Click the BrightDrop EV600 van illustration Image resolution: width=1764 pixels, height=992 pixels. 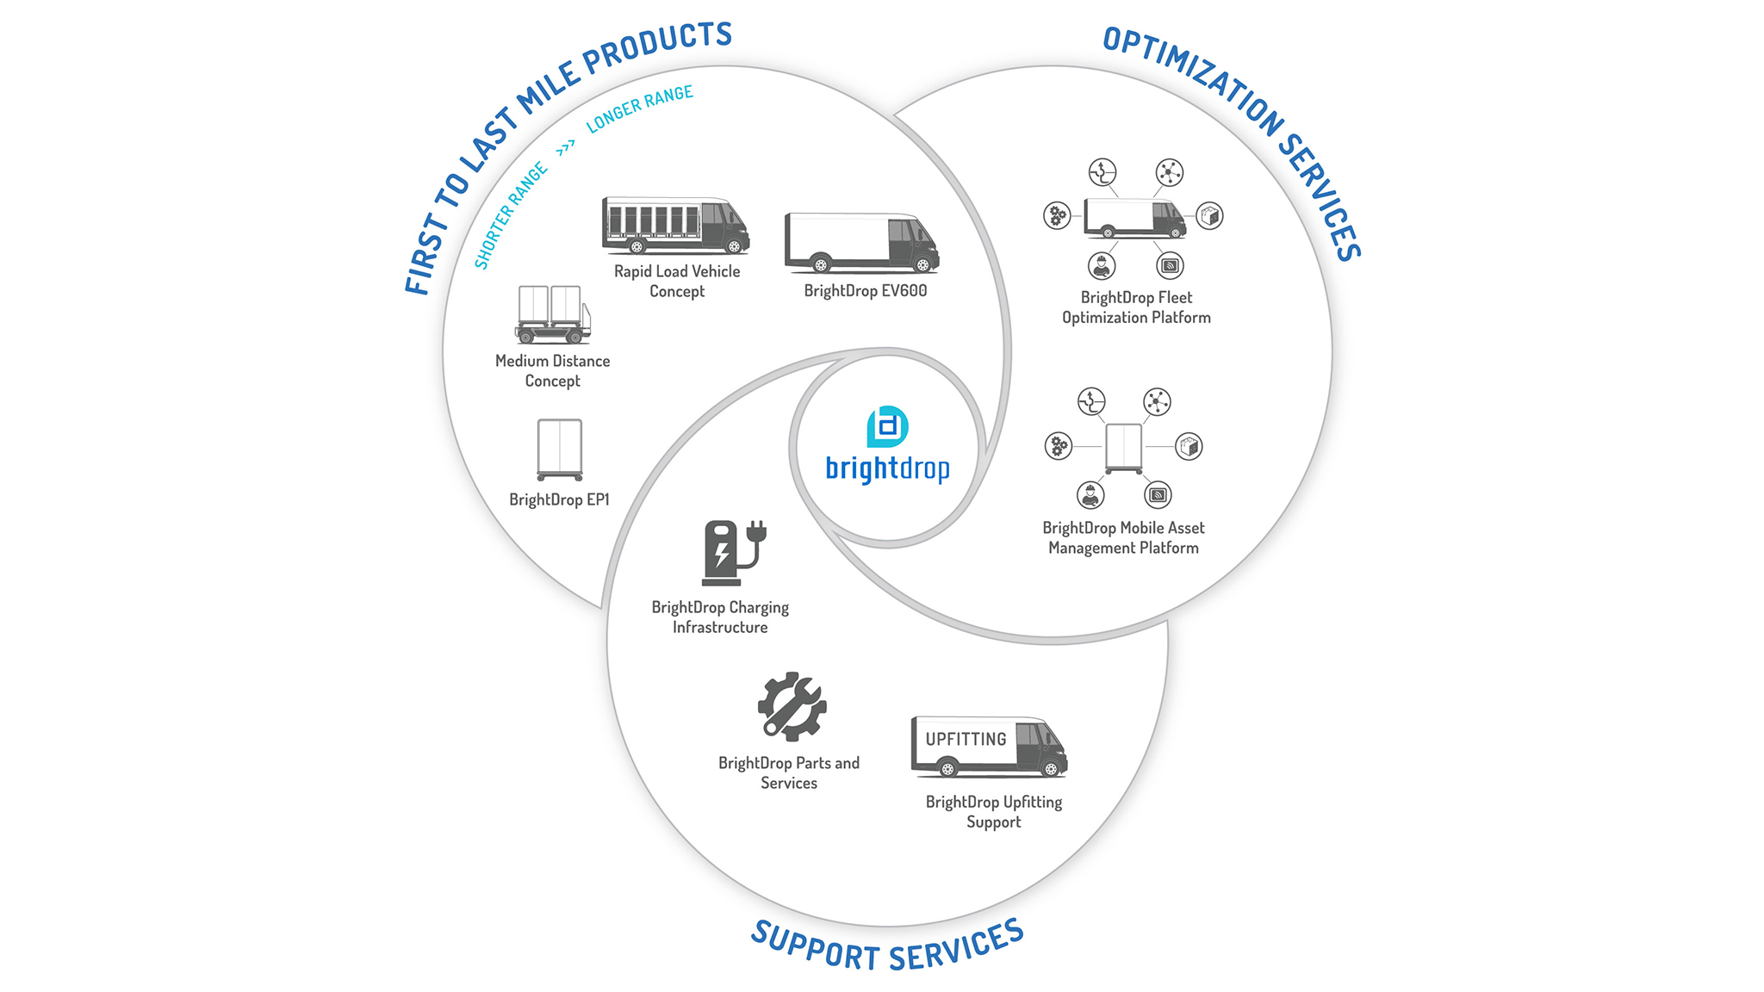[861, 244]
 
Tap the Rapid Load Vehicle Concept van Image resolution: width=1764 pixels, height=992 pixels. [675, 226]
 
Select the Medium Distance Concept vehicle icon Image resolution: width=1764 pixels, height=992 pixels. [553, 314]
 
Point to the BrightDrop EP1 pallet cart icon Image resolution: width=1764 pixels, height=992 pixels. [559, 449]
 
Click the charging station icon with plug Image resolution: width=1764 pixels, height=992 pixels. [733, 552]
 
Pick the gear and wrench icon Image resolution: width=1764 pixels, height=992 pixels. [792, 706]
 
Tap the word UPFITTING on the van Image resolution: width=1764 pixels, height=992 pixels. [966, 739]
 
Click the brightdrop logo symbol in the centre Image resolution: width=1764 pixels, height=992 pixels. [887, 426]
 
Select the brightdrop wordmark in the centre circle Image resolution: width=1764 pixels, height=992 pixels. [887, 469]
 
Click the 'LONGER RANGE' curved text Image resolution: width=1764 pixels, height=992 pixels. [639, 108]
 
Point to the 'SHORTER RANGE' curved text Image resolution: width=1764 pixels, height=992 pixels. [511, 215]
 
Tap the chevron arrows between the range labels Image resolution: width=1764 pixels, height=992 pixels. [566, 149]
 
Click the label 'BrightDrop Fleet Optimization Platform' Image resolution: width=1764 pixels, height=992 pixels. [1136, 307]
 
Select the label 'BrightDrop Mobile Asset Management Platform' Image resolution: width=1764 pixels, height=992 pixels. [1123, 537]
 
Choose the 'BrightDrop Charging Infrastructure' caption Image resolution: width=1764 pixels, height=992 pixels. [720, 617]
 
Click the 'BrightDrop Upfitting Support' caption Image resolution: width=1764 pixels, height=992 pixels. [993, 811]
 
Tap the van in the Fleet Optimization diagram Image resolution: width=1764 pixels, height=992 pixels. [1134, 218]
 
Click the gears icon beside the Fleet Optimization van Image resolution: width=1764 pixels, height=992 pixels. [1057, 215]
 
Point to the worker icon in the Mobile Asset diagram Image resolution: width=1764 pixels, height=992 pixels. [1090, 495]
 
